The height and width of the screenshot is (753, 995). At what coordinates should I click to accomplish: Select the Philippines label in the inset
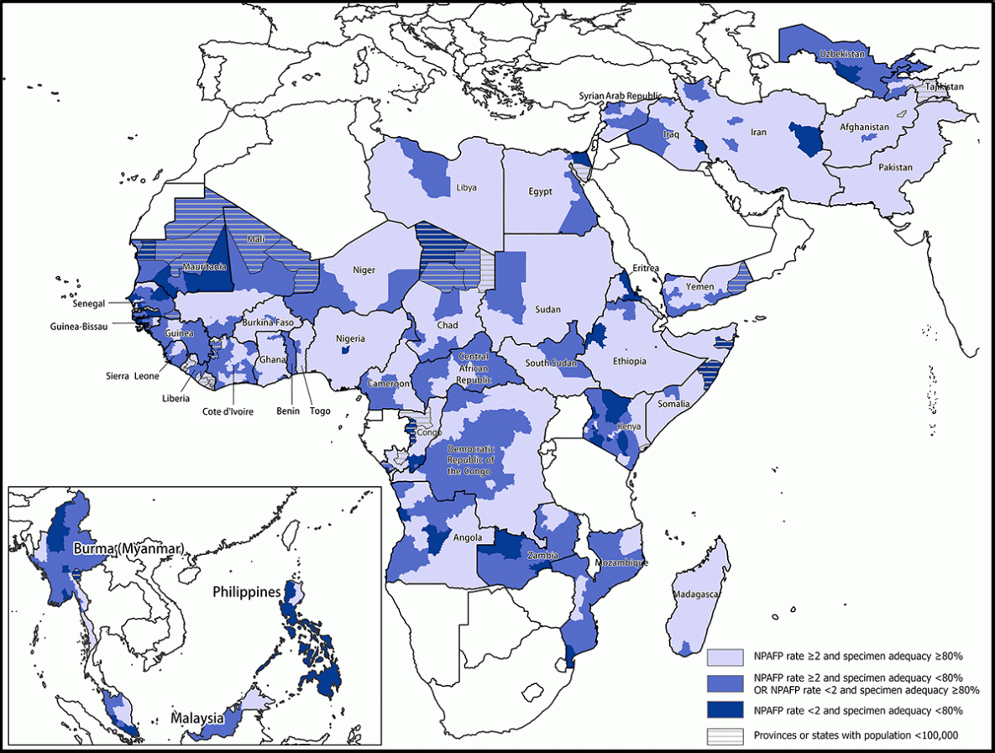[245, 592]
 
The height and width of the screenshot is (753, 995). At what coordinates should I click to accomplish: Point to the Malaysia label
[197, 719]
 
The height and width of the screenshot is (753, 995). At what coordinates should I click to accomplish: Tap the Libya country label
[466, 188]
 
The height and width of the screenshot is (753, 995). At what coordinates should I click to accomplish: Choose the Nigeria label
[352, 339]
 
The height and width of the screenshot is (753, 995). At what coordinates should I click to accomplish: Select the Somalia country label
[673, 404]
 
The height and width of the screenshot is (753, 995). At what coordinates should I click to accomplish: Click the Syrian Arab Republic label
[620, 97]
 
